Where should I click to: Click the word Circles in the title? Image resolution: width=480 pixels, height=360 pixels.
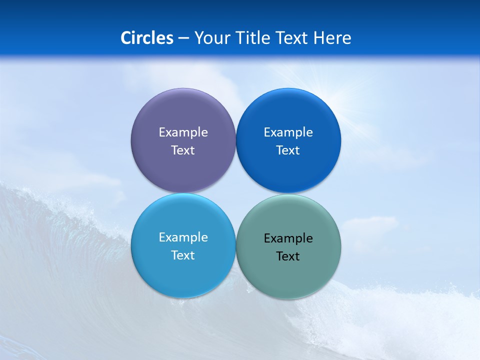[147, 38]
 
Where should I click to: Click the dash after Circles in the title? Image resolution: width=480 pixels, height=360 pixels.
[183, 38]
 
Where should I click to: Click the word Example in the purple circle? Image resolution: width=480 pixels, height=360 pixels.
[183, 132]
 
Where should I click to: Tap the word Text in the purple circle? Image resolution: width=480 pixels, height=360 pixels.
[183, 150]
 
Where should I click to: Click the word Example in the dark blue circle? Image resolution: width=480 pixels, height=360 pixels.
[288, 132]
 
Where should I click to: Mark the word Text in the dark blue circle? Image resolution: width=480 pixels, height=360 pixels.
[288, 150]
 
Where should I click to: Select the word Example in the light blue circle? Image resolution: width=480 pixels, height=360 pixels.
[183, 237]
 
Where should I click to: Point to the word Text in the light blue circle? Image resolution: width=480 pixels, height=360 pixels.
[183, 255]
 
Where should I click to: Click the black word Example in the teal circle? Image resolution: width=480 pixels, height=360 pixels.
[288, 238]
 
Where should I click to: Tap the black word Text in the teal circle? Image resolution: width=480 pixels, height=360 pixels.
[288, 256]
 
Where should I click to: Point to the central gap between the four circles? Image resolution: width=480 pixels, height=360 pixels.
[235, 193]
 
